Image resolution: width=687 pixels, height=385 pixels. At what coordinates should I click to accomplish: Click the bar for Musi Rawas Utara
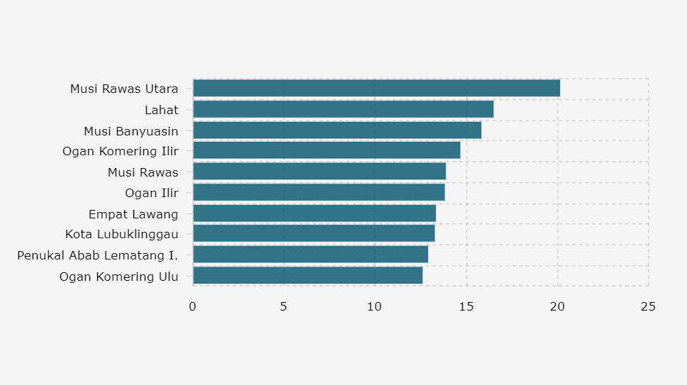pos(376,89)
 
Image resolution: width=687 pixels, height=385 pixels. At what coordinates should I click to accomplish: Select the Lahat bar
pos(343,109)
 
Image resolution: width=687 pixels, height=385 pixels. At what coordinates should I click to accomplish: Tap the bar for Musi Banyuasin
pos(336,130)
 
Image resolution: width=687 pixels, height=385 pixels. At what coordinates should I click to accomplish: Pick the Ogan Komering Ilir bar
pos(326,150)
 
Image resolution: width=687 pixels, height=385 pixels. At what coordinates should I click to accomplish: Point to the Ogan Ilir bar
pos(319,192)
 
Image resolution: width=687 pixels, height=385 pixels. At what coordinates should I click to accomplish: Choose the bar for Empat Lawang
pos(314,213)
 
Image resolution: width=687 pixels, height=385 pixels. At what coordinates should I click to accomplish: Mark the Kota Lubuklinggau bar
pos(313,233)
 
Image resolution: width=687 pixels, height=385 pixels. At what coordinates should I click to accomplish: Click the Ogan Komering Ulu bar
pos(307,276)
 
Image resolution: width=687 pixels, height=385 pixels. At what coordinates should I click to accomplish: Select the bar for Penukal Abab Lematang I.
pos(310,255)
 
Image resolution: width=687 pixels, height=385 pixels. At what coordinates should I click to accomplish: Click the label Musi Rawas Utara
pos(124,89)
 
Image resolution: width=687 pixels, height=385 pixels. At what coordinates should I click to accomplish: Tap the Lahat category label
pos(161,110)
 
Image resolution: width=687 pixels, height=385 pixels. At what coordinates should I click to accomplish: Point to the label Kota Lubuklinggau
pos(121,234)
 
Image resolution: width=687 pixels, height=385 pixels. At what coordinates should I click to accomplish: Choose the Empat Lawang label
pos(133,213)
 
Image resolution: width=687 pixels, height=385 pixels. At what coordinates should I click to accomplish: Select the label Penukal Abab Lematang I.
pos(98,255)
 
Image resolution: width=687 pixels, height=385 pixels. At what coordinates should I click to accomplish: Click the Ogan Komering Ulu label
pos(119,277)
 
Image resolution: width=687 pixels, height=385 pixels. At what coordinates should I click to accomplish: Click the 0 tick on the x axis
pos(192,306)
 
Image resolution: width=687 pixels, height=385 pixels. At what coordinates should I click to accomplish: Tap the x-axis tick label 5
pos(283,306)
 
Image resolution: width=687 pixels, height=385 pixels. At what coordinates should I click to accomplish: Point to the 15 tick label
pos(466,306)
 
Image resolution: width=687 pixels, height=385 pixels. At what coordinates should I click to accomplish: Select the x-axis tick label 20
pos(557,306)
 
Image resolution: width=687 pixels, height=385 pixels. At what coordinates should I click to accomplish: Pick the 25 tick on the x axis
pos(648,306)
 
